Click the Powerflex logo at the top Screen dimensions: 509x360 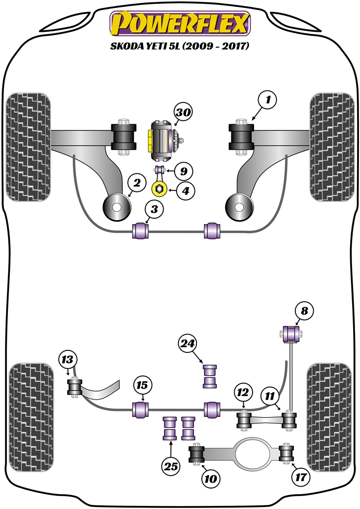tap(180, 25)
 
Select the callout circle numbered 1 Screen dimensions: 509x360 tap(268, 101)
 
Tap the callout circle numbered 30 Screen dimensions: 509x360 tap(183, 113)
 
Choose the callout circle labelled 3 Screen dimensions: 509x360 tap(155, 210)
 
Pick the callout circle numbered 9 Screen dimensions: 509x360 tap(183, 172)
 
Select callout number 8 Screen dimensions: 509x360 tap(304, 311)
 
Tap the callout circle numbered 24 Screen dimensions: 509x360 tap(188, 343)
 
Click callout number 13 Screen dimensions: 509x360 tap(67, 360)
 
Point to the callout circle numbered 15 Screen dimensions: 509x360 tap(142, 385)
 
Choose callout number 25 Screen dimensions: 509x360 tap(171, 466)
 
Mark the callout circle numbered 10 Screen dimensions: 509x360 tap(210, 479)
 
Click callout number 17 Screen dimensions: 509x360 tap(302, 478)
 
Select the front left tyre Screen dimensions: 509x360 tap(28, 147)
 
